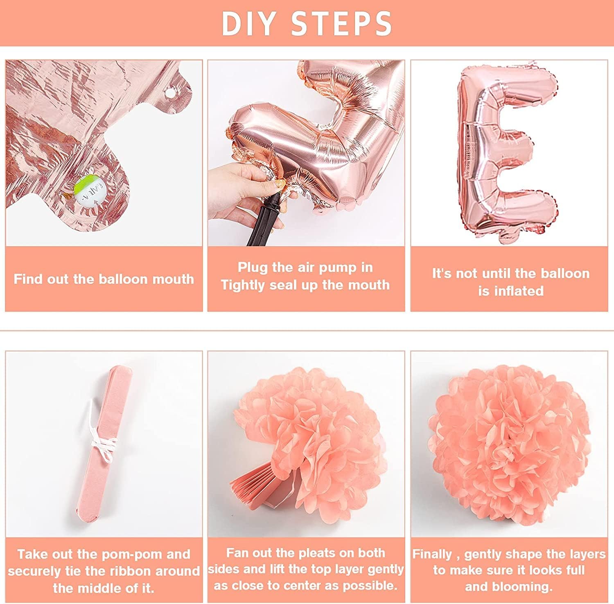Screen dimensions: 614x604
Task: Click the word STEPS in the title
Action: point(342,23)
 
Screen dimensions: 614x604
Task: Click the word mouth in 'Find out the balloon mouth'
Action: point(174,279)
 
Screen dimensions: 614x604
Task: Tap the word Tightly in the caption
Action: point(243,285)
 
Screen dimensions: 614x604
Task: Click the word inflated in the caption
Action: point(518,291)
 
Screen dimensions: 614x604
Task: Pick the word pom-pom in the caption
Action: point(134,555)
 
